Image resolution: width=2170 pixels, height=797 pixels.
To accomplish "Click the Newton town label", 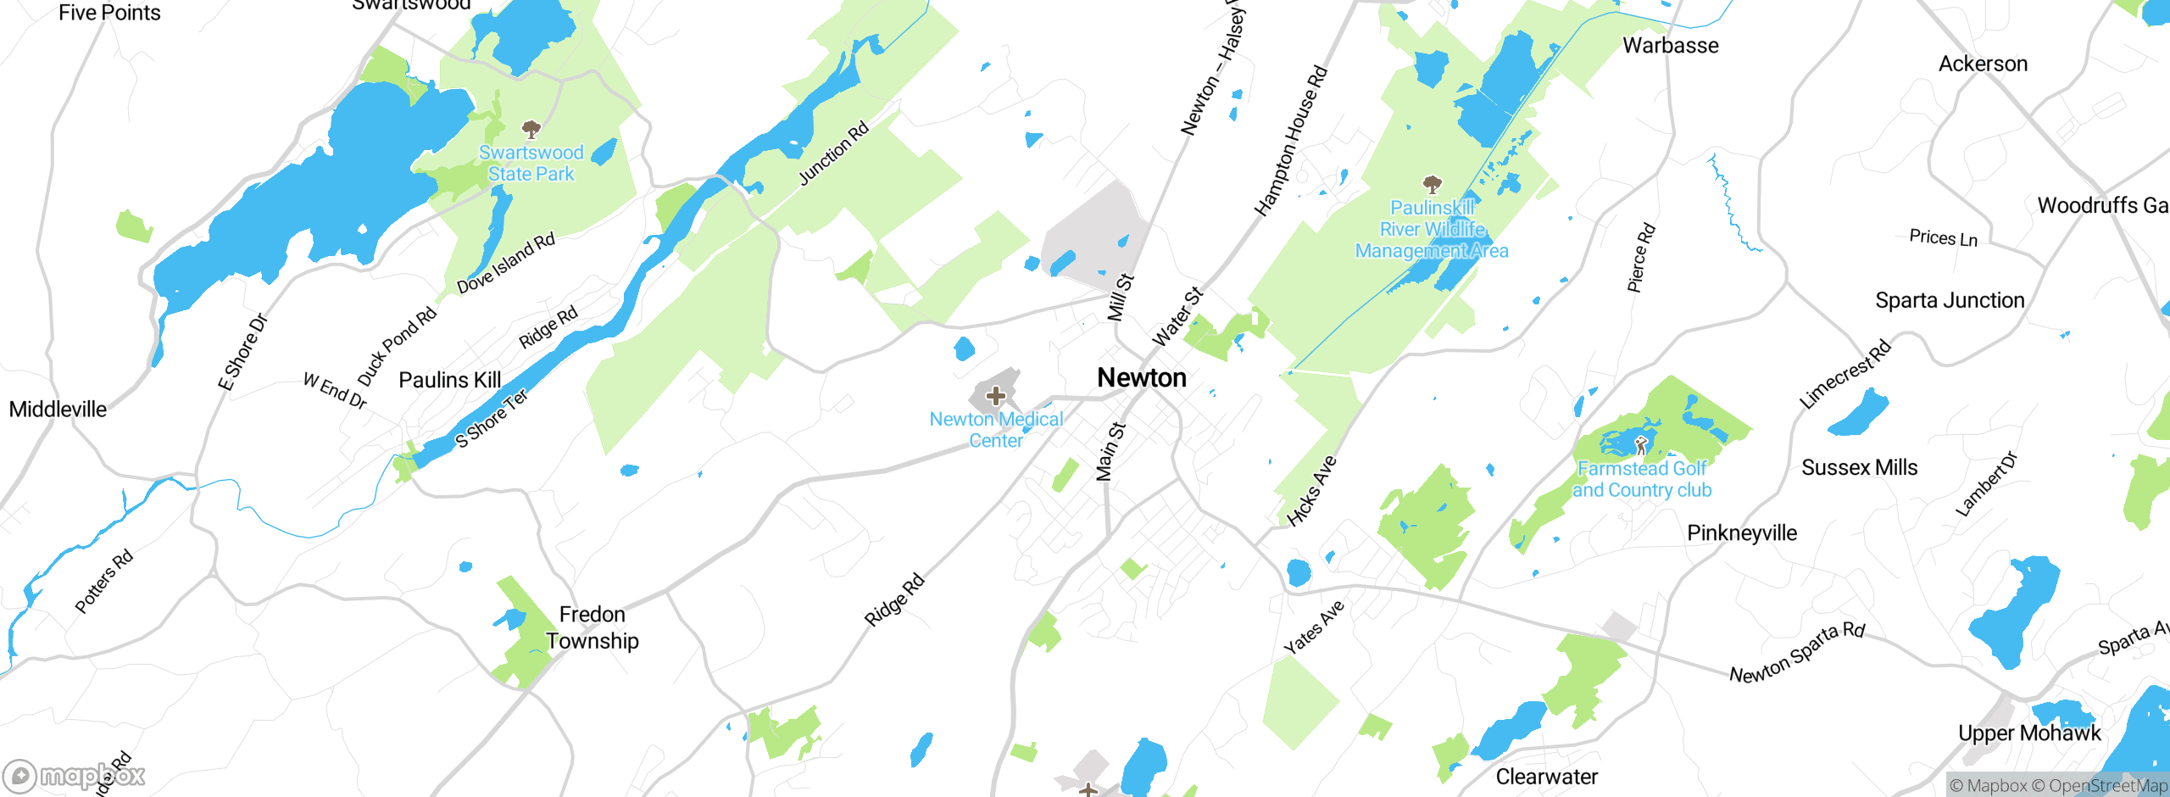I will pyautogui.click(x=1141, y=377).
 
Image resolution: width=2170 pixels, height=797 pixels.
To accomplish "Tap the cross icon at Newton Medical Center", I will pyautogui.click(x=996, y=396).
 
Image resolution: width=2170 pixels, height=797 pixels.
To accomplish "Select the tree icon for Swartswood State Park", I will pyautogui.click(x=531, y=130).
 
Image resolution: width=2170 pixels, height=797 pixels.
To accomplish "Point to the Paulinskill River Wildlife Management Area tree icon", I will pyautogui.click(x=1432, y=184).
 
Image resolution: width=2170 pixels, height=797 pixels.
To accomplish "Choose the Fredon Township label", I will pyautogui.click(x=592, y=627).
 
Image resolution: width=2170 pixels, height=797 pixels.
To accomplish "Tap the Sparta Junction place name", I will pyautogui.click(x=1950, y=300).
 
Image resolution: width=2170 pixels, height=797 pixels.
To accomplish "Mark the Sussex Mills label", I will pyautogui.click(x=1859, y=467).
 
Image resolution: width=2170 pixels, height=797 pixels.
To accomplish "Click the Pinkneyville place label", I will pyautogui.click(x=1742, y=532).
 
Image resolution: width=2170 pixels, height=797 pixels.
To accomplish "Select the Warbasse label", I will pyautogui.click(x=1670, y=45).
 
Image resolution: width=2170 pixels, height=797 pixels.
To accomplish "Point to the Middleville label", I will pyautogui.click(x=58, y=410).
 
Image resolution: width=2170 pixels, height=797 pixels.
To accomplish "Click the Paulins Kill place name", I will pyautogui.click(x=450, y=380).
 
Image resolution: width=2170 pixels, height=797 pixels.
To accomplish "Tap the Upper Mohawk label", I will pyautogui.click(x=2029, y=733).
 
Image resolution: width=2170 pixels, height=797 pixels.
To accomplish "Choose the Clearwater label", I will pyautogui.click(x=1546, y=776).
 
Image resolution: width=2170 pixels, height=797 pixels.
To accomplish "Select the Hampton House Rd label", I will pyautogui.click(x=1290, y=141).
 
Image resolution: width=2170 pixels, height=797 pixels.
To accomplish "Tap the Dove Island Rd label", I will pyautogui.click(x=506, y=263).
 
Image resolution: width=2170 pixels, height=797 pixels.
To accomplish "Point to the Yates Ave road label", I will pyautogui.click(x=1314, y=627).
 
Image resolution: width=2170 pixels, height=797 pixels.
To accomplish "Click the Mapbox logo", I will pyautogui.click(x=74, y=776).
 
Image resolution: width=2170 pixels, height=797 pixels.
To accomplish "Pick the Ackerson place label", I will pyautogui.click(x=1983, y=64).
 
